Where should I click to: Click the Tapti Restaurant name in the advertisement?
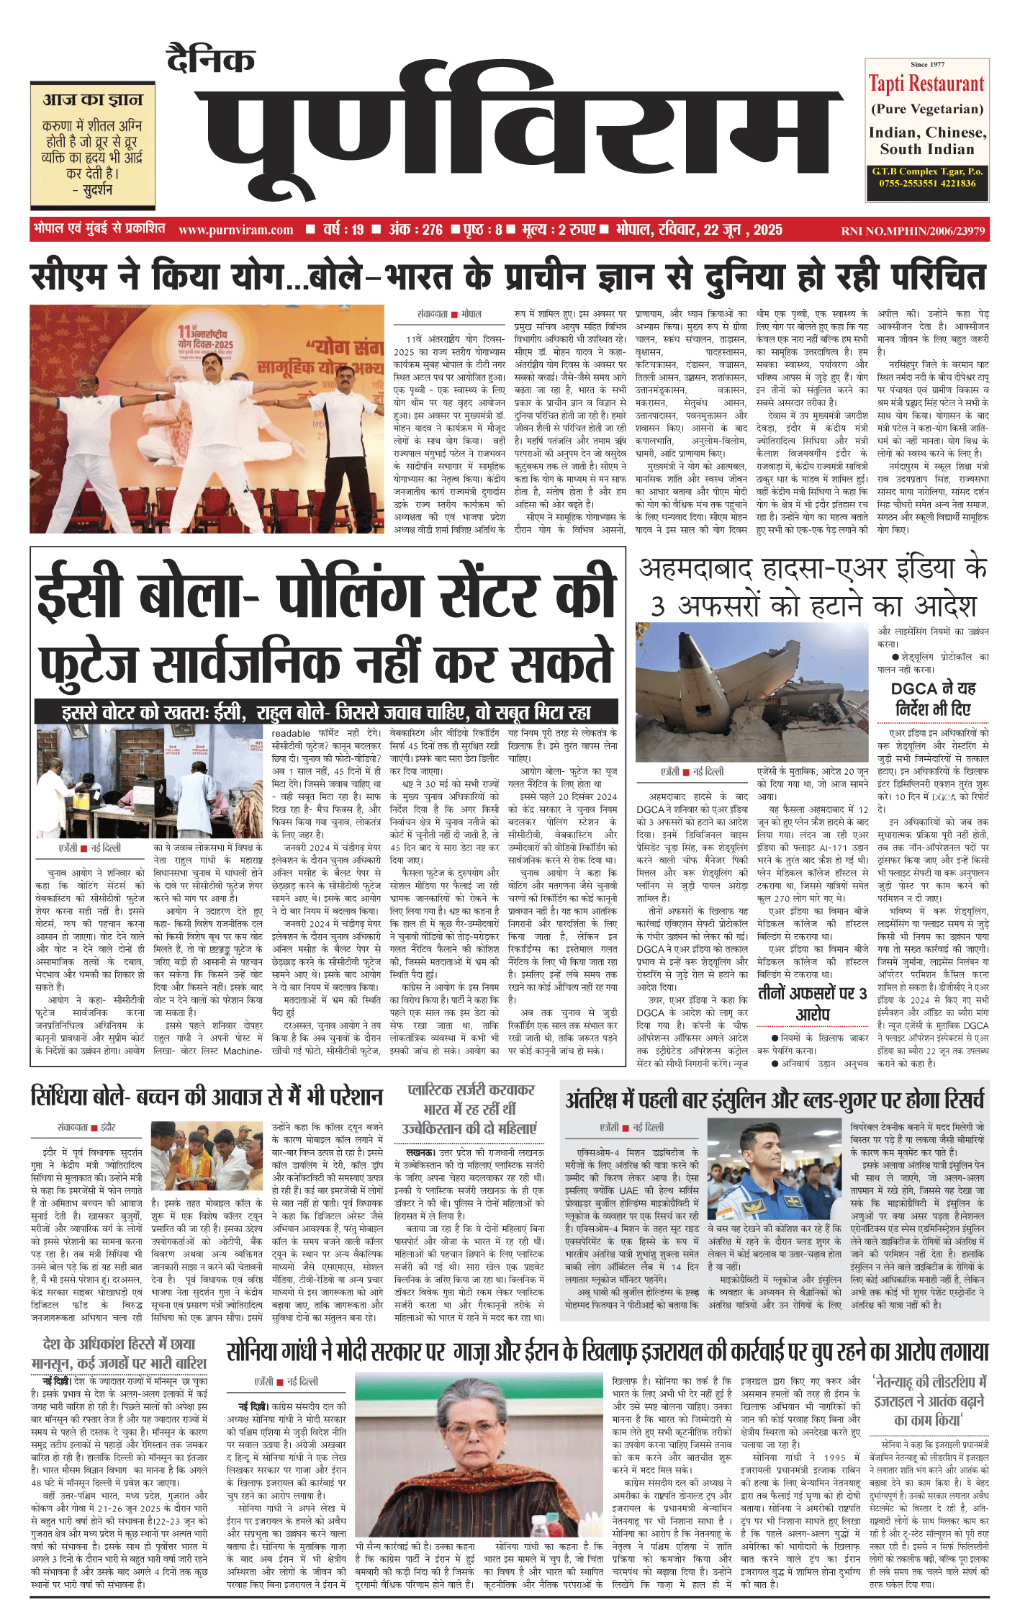[926, 84]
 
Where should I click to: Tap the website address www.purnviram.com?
[235, 230]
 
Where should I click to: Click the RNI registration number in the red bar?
[913, 231]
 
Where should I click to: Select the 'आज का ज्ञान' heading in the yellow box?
[93, 99]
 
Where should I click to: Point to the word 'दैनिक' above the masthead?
[210, 59]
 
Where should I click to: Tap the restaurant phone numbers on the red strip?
[926, 184]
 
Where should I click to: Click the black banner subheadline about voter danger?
[326, 712]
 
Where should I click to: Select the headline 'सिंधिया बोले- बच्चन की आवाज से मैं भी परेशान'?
[207, 1097]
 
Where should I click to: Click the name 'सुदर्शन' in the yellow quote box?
[96, 190]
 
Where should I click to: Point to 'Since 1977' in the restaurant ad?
[927, 65]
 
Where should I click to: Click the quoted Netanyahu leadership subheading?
[929, 1401]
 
